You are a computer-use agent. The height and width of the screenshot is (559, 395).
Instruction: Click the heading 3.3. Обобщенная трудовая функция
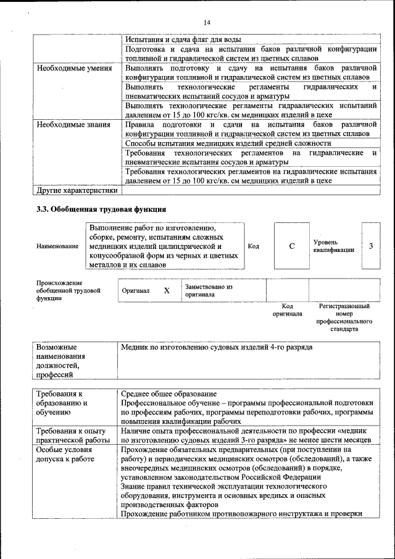[101, 209]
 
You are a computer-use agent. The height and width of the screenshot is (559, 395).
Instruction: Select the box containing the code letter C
[291, 246]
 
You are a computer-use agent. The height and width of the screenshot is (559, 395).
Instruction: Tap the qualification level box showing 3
[371, 246]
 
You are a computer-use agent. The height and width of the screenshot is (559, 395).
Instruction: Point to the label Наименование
[57, 246]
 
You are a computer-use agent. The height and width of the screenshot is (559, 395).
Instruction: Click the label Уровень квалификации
[333, 246]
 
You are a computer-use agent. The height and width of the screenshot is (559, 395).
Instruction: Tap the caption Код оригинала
[287, 309]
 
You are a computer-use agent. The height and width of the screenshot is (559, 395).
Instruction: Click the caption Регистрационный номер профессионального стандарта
[344, 317]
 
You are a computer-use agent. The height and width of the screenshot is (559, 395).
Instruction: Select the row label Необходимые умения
[74, 67]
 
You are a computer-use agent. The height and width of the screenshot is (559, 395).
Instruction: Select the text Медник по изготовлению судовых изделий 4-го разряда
[217, 347]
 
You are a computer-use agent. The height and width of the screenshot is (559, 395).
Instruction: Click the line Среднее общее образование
[168, 393]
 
